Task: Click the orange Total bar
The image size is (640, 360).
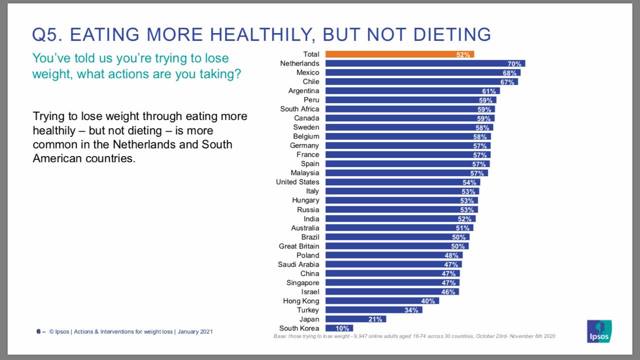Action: pos(399,54)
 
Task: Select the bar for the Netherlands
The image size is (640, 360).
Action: pos(425,63)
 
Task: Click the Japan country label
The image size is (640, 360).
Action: pos(309,319)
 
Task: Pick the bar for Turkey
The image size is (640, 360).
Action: pos(373,310)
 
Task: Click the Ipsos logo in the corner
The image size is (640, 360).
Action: pos(599,331)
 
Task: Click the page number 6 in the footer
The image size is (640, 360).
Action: pos(38,331)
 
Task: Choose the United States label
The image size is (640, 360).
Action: pos(297,182)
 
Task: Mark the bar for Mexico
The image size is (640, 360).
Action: pos(422,72)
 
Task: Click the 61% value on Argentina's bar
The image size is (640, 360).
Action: pos(489,91)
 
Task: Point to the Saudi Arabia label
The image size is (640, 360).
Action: pos(298,264)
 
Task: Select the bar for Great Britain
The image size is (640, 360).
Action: pos(397,246)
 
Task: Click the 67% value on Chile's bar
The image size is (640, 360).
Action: pos(507,82)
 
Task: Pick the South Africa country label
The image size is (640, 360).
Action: pos(299,109)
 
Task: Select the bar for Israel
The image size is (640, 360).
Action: pos(392,291)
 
